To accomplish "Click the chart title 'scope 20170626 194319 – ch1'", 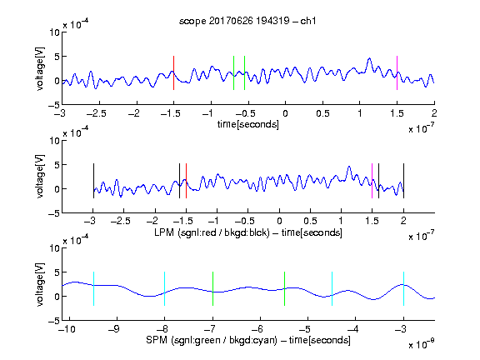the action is (x=247, y=21).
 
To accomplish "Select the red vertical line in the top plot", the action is (x=173, y=72).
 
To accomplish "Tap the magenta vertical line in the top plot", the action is (x=397, y=72).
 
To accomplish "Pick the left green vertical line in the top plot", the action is (x=233, y=72).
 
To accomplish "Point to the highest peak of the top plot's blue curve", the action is (x=369, y=58).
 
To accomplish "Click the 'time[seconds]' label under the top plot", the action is (x=248, y=124).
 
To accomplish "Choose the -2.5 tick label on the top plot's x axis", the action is (x=97, y=113).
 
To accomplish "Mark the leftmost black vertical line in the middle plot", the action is (x=93, y=181).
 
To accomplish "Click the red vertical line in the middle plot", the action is (x=186, y=181).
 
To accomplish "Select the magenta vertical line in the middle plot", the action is (x=372, y=181).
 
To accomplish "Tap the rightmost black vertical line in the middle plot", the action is (x=403, y=181).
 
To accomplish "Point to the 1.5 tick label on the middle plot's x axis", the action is (x=372, y=221).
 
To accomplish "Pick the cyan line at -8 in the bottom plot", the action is (x=165, y=288).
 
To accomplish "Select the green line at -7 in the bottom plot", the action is (x=212, y=288).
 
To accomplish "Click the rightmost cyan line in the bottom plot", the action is (x=403, y=288).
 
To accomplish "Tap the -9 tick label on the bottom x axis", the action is (x=114, y=329).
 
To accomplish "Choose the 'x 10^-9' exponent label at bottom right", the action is (x=422, y=343).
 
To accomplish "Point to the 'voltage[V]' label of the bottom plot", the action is (x=40, y=284).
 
